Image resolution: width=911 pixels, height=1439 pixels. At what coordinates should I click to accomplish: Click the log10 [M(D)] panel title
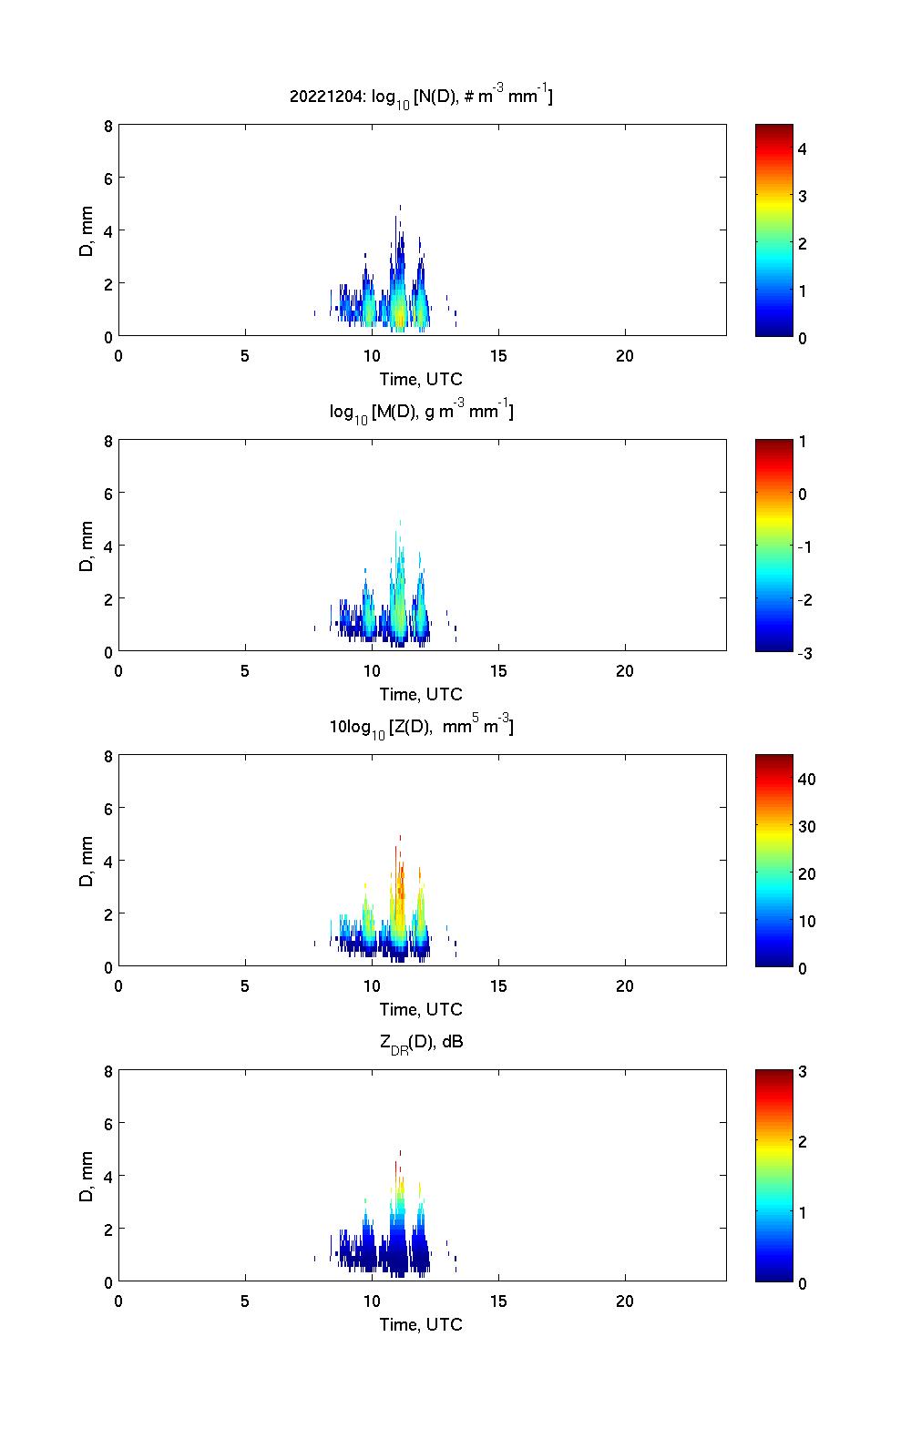pyautogui.click(x=421, y=412)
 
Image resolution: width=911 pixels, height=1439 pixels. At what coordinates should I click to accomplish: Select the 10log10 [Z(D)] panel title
pyautogui.click(x=421, y=727)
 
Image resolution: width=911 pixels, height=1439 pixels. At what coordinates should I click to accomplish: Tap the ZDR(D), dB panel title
pyautogui.click(x=421, y=1042)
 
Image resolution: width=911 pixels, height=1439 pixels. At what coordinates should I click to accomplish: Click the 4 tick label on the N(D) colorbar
pyautogui.click(x=803, y=148)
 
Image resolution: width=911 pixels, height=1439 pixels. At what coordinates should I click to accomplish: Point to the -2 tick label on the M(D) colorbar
pyautogui.click(x=803, y=599)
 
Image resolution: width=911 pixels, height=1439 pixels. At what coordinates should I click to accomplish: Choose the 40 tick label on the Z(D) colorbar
pyautogui.click(x=806, y=780)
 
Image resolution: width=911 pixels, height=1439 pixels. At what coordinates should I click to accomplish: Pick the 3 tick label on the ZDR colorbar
pyautogui.click(x=803, y=1072)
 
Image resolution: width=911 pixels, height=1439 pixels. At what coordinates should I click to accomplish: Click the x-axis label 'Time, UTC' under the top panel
pyautogui.click(x=421, y=379)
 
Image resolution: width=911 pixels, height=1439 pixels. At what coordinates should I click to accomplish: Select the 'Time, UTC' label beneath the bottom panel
pyautogui.click(x=421, y=1324)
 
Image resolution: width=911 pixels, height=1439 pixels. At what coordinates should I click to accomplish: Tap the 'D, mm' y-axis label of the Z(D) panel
pyautogui.click(x=87, y=861)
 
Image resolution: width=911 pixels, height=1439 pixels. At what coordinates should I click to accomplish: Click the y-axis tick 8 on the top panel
pyautogui.click(x=107, y=126)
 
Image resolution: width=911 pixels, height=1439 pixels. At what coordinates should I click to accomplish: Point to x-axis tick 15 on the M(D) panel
pyautogui.click(x=498, y=671)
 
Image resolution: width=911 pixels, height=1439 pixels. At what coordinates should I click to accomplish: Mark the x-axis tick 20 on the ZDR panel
pyautogui.click(x=625, y=1301)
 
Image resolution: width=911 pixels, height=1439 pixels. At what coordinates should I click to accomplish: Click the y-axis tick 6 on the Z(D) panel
pyautogui.click(x=107, y=808)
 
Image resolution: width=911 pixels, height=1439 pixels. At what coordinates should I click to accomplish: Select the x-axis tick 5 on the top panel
pyautogui.click(x=245, y=356)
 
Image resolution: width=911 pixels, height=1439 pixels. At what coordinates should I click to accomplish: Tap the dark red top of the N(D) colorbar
pyautogui.click(x=774, y=128)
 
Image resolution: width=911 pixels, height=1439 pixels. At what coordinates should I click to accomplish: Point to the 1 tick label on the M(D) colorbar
pyautogui.click(x=803, y=442)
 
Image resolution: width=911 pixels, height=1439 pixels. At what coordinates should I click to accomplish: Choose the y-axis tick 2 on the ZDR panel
pyautogui.click(x=107, y=1229)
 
